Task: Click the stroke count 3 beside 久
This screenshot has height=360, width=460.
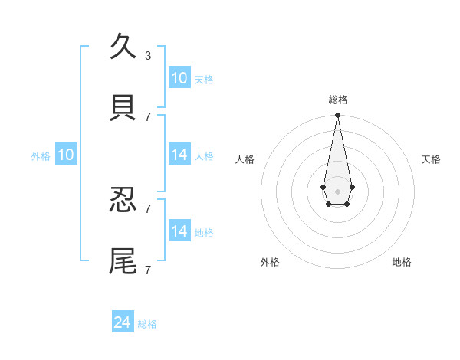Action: [148, 55]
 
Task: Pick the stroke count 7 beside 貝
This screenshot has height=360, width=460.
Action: [148, 116]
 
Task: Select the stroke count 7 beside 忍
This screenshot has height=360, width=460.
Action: [148, 208]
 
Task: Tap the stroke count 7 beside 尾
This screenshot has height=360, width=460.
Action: [148, 270]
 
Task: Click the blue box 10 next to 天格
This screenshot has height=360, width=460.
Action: [179, 78]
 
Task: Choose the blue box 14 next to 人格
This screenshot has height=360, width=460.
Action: [179, 155]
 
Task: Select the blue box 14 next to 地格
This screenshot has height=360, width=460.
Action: [179, 231]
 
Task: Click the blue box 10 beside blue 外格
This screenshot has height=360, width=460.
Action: [66, 155]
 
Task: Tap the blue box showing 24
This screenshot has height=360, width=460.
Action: [123, 322]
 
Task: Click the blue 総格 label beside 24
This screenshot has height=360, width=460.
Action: [147, 324]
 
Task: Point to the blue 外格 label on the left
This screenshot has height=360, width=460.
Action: [41, 156]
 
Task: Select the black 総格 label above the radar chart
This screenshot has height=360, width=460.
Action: [337, 100]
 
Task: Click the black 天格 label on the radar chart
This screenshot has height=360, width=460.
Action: [431, 159]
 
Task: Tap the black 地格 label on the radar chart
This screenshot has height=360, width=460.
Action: [402, 262]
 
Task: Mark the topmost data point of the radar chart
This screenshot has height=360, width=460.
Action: [337, 115]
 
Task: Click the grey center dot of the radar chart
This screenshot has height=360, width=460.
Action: [337, 191]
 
